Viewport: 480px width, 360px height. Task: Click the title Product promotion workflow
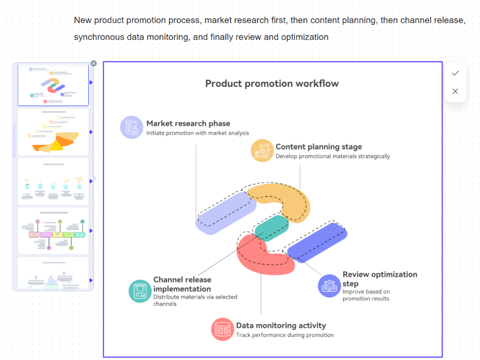pos(272,84)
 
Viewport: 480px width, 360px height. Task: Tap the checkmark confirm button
pos(456,73)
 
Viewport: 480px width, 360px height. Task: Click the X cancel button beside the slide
pos(456,91)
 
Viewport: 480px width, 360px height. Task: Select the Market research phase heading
pos(188,123)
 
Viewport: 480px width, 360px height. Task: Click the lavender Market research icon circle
pos(132,127)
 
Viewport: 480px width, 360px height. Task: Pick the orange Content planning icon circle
pos(262,150)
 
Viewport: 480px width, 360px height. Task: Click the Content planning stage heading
pos(318,147)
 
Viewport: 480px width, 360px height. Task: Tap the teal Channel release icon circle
pos(140,291)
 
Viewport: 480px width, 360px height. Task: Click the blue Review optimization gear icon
pos(330,286)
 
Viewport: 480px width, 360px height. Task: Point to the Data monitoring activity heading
pos(281,325)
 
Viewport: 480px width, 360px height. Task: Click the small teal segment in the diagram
pos(272,228)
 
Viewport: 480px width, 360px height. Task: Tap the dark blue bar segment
pos(317,242)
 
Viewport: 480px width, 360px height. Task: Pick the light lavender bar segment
pos(226,214)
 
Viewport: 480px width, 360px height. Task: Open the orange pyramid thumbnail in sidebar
pos(53,132)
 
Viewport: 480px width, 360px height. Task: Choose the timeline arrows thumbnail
pos(53,230)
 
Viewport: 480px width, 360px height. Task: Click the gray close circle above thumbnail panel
pos(94,63)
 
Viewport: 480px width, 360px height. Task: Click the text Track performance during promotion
pos(285,335)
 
